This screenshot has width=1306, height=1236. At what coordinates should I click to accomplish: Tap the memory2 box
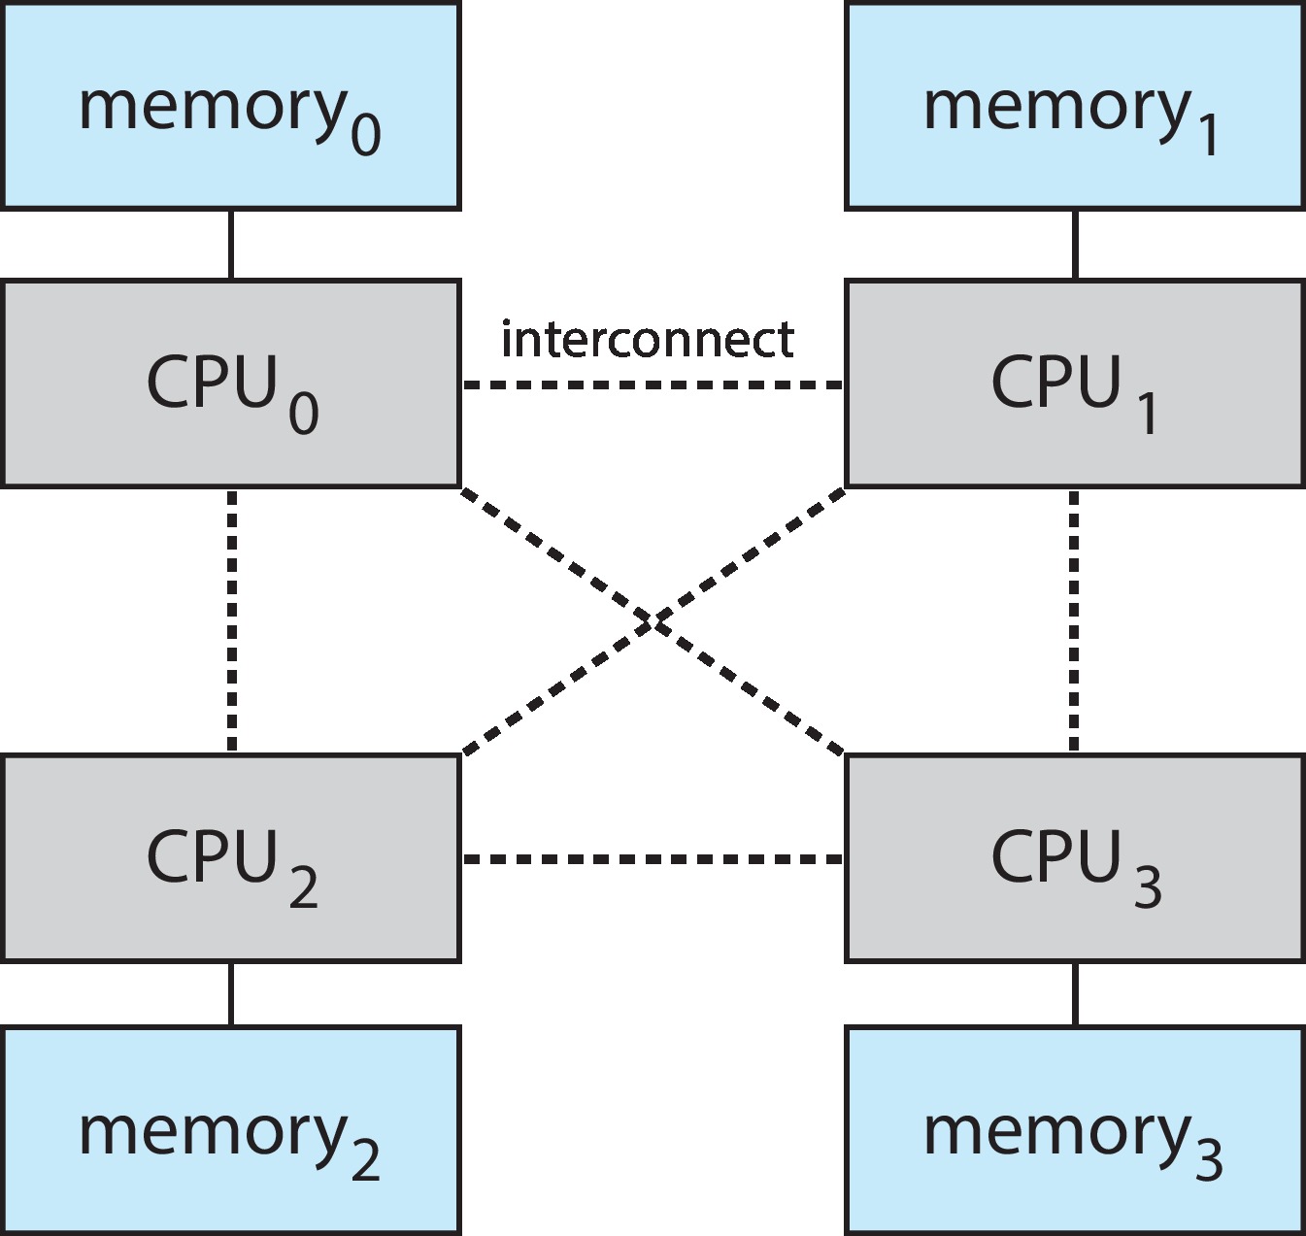pyautogui.click(x=230, y=1130)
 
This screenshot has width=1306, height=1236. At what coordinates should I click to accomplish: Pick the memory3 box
pyautogui.click(x=1074, y=1130)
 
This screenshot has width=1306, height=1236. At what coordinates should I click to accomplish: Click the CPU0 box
pyautogui.click(x=230, y=384)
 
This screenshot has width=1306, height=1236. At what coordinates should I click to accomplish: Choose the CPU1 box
pyautogui.click(x=1074, y=384)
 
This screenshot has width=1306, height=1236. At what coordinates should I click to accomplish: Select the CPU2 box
pyautogui.click(x=230, y=858)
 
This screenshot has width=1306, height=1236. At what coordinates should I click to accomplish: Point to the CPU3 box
pyautogui.click(x=1074, y=858)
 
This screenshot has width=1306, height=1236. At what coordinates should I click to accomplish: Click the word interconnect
pyautogui.click(x=647, y=339)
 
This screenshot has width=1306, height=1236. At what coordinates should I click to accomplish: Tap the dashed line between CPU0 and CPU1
pyautogui.click(x=653, y=385)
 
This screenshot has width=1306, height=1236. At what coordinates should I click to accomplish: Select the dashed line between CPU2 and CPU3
pyautogui.click(x=653, y=859)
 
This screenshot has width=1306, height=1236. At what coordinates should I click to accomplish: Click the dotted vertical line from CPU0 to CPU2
pyautogui.click(x=232, y=621)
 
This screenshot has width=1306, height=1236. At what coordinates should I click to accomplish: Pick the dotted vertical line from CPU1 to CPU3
pyautogui.click(x=1073, y=621)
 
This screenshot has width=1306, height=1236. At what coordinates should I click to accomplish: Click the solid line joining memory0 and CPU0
pyautogui.click(x=230, y=245)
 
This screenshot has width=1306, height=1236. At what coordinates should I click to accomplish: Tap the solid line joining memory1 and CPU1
pyautogui.click(x=1074, y=245)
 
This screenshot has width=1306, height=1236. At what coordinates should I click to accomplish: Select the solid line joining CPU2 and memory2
pyautogui.click(x=230, y=994)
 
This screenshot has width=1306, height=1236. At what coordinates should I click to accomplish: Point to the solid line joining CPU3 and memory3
pyautogui.click(x=1074, y=994)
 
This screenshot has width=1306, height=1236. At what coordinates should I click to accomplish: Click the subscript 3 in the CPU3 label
pyautogui.click(x=1148, y=886)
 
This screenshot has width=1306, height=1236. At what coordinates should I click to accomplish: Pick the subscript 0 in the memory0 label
pyautogui.click(x=365, y=133)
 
